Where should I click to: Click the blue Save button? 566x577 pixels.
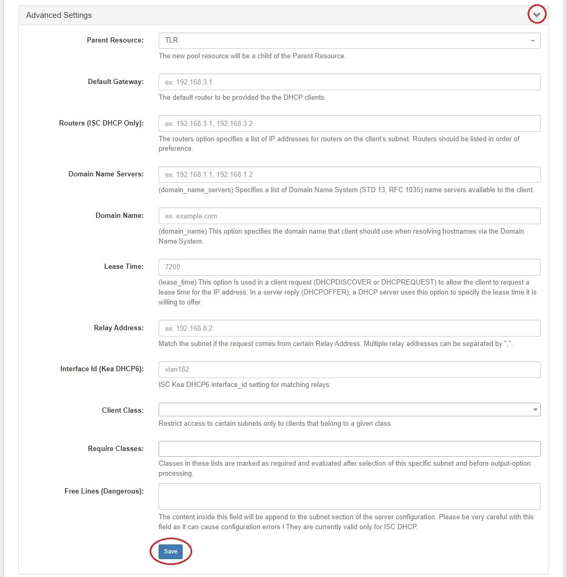click(171, 551)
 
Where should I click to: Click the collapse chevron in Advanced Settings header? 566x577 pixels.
click(537, 15)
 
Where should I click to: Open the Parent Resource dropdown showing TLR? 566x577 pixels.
click(349, 40)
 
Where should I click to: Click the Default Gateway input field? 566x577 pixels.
click(349, 82)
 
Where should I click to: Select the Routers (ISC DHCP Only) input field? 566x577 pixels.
click(349, 123)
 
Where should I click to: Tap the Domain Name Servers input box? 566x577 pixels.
click(349, 174)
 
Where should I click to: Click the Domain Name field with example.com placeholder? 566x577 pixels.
click(349, 216)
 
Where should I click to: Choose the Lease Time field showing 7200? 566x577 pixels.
click(349, 267)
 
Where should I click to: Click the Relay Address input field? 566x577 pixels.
click(349, 328)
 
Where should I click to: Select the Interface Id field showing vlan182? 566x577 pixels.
click(349, 369)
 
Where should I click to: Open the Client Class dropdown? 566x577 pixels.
click(349, 410)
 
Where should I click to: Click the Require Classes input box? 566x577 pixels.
click(349, 449)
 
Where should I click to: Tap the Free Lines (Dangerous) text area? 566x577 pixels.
click(349, 496)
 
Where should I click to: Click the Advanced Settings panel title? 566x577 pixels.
click(59, 15)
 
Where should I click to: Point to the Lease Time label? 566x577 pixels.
click(123, 266)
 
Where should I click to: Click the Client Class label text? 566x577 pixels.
click(122, 410)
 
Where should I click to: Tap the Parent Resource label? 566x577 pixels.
click(115, 40)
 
